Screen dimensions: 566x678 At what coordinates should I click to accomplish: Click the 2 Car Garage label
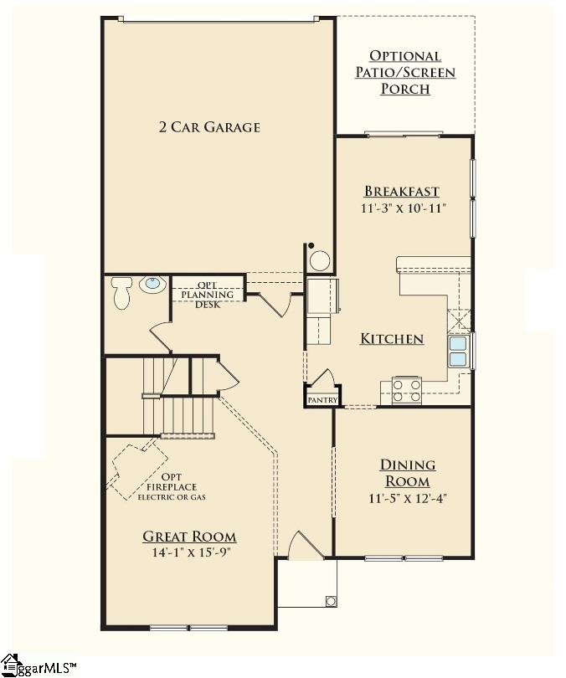pyautogui.click(x=209, y=127)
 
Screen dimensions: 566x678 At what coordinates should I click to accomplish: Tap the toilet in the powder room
pyautogui.click(x=121, y=293)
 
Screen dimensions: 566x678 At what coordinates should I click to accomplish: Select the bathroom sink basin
pyautogui.click(x=152, y=284)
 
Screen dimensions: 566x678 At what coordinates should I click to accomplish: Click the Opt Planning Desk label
pyautogui.click(x=208, y=295)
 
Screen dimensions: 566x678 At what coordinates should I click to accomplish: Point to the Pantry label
pyautogui.click(x=322, y=400)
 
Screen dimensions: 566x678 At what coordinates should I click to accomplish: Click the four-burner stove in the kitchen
pyautogui.click(x=406, y=390)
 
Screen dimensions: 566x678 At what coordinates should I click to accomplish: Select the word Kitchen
pyautogui.click(x=392, y=338)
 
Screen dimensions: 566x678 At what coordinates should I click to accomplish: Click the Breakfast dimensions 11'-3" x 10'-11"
pyautogui.click(x=403, y=208)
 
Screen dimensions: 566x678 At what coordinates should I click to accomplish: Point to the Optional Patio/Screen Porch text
pyautogui.click(x=405, y=72)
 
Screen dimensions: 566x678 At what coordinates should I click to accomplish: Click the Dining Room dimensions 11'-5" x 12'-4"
pyautogui.click(x=407, y=499)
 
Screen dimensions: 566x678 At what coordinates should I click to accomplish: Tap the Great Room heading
pyautogui.click(x=189, y=537)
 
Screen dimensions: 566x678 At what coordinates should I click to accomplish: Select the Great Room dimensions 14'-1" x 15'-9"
pyautogui.click(x=190, y=552)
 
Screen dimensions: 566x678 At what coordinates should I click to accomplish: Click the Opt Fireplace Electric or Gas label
pyautogui.click(x=172, y=487)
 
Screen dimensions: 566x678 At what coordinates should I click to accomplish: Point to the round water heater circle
pyautogui.click(x=320, y=261)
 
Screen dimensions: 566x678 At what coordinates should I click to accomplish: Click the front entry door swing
pyautogui.click(x=306, y=546)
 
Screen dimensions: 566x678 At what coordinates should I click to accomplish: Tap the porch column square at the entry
pyautogui.click(x=331, y=601)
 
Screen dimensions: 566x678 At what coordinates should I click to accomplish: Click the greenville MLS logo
pyautogui.click(x=37, y=666)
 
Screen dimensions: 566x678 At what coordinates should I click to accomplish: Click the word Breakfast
pyautogui.click(x=402, y=191)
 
